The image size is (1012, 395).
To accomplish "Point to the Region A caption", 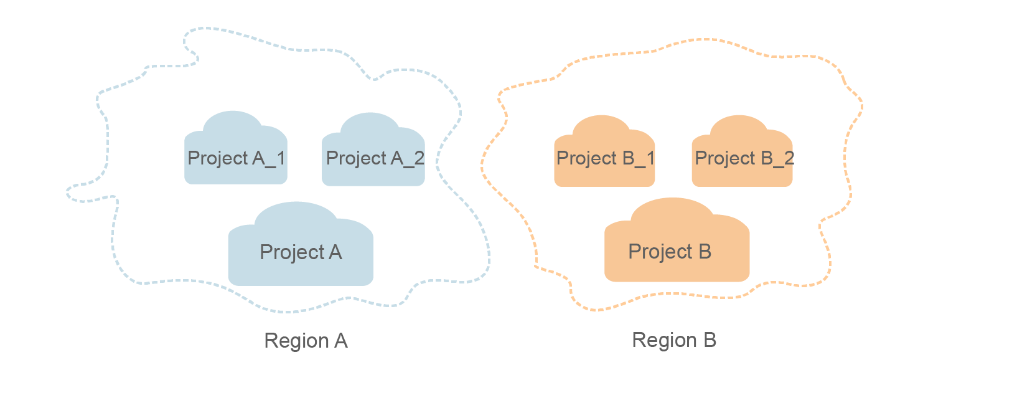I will click(x=306, y=341).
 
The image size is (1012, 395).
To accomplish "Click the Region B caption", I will click(x=674, y=340).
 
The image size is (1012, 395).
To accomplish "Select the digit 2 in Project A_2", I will click(x=419, y=158).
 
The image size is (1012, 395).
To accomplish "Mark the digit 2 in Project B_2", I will click(x=789, y=158).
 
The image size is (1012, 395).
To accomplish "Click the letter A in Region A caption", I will click(x=340, y=341).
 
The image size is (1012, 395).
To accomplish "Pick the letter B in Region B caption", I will click(x=710, y=340).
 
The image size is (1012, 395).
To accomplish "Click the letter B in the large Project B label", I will click(x=705, y=252).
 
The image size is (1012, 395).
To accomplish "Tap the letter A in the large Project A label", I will click(x=335, y=252).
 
